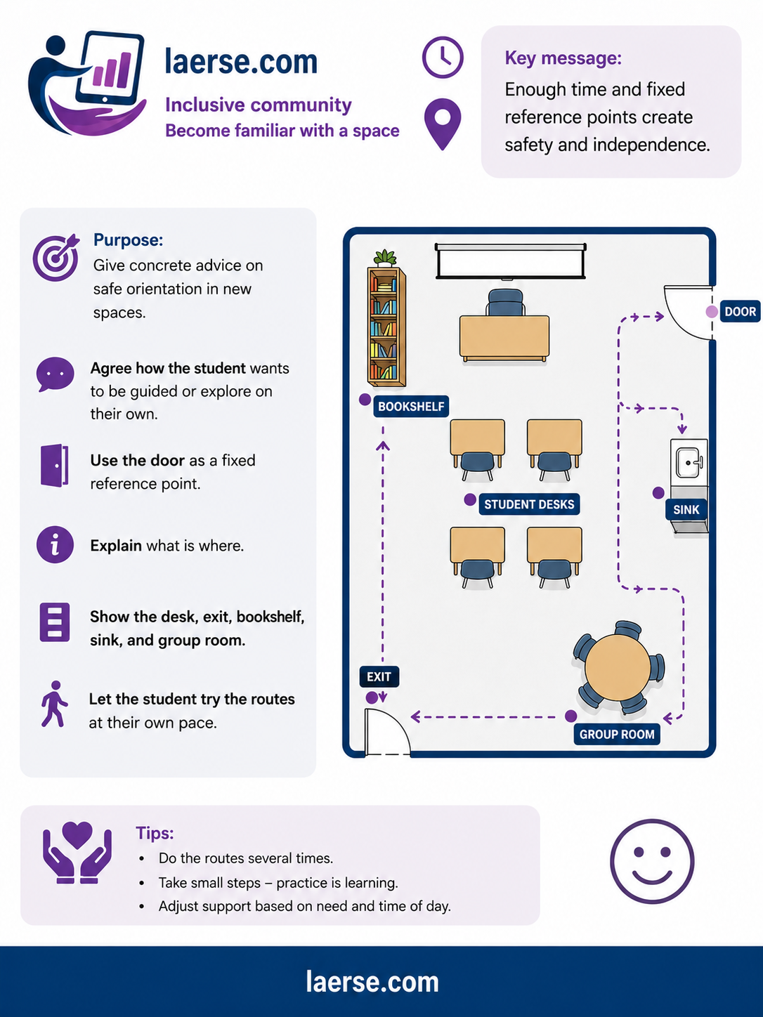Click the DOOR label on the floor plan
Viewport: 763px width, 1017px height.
(740, 311)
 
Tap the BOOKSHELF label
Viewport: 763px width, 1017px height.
(411, 407)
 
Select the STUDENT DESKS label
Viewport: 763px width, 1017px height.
(529, 504)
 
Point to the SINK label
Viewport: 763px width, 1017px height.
(686, 510)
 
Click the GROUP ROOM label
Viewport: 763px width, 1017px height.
(617, 735)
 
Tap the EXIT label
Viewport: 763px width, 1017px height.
(379, 677)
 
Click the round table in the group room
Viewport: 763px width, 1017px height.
(618, 668)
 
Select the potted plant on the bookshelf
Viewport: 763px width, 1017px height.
(385, 258)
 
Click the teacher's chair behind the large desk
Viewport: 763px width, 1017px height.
(505, 303)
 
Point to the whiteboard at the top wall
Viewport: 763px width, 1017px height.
(511, 261)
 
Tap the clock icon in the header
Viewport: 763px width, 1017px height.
(443, 58)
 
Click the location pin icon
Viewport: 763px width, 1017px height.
(443, 124)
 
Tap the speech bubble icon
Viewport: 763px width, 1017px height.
(55, 374)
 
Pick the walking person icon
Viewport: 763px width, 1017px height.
(55, 704)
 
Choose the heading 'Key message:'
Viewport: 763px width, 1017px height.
(563, 58)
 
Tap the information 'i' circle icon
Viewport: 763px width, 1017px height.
(55, 544)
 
